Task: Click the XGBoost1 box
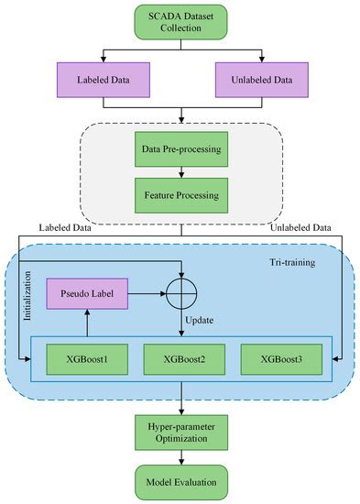[x=85, y=359]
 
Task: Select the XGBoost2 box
[x=182, y=359]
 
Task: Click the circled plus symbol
[x=182, y=296]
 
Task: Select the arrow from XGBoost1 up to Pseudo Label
[x=85, y=326]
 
